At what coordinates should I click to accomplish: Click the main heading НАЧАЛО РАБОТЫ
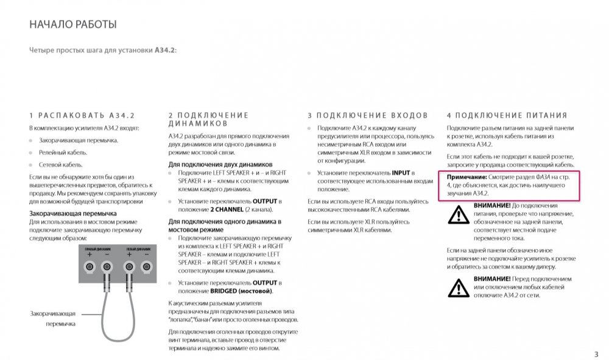[73, 25]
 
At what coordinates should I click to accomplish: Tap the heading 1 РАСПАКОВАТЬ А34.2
[82, 115]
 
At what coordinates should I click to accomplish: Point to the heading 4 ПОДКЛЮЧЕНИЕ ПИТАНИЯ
[507, 115]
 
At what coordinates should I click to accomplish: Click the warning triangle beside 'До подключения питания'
[459, 214]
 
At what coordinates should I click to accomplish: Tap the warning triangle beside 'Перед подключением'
[459, 287]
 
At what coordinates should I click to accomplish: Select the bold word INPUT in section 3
[401, 173]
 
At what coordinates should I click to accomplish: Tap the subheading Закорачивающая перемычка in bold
[73, 213]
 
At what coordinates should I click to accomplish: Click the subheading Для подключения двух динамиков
[220, 164]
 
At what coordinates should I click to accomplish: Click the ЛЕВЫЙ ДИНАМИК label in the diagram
[138, 250]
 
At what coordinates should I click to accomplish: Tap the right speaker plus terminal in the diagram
[90, 267]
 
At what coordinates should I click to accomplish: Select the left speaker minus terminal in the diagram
[146, 267]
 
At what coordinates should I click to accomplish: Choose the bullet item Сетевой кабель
[60, 164]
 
